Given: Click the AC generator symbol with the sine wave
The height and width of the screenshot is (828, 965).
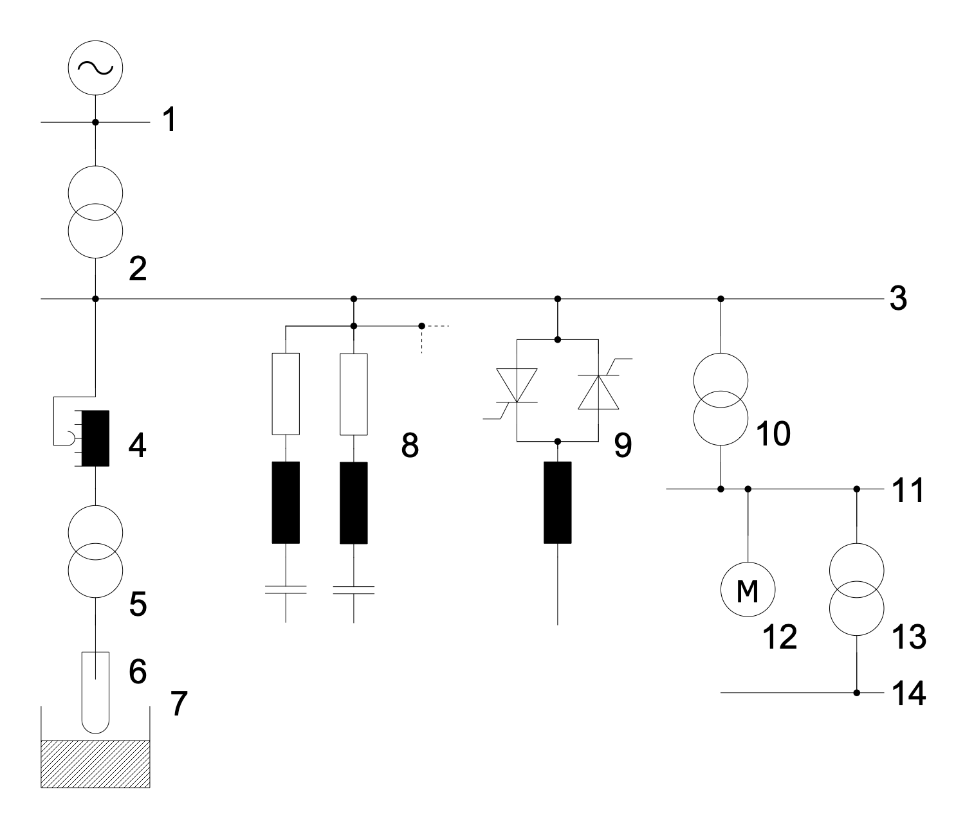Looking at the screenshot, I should click(95, 67).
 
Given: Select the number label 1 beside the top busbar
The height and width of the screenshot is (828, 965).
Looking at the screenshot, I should click(169, 120).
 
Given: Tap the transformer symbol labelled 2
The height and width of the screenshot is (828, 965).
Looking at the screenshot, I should click(95, 212).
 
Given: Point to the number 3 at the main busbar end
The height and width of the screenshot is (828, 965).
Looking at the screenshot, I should click(897, 299).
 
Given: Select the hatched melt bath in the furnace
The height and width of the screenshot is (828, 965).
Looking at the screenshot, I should click(95, 764).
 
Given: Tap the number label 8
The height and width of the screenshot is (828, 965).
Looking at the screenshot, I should click(410, 446).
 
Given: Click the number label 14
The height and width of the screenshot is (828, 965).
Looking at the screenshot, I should click(908, 694).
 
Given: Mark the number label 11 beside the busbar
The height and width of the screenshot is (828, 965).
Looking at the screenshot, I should click(908, 491).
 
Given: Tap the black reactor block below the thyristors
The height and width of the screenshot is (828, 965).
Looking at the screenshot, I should click(557, 503).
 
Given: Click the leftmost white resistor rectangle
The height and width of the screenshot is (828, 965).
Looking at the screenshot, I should click(285, 393).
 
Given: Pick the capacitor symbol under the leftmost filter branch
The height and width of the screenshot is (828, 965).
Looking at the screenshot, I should click(285, 590).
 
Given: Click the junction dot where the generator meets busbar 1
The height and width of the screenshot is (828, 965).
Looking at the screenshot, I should click(95, 122).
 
